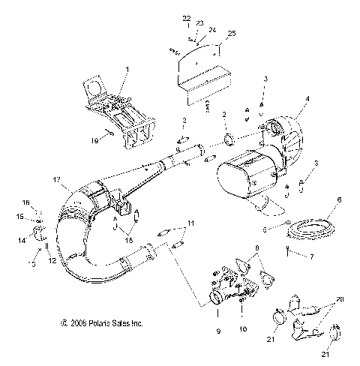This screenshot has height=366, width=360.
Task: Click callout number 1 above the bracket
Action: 127,69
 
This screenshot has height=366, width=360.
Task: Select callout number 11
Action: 190,223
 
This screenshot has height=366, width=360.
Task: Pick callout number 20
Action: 342,298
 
